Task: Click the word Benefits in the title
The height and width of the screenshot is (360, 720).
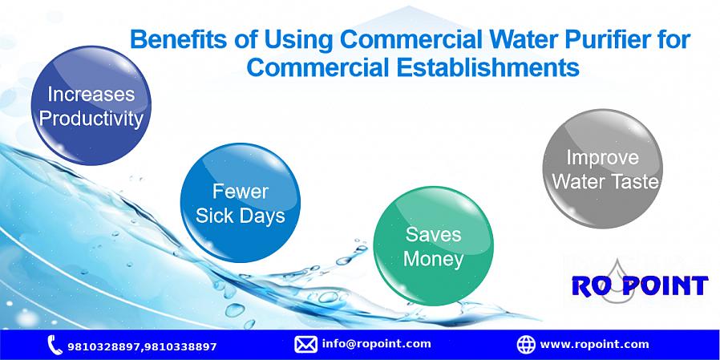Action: (179, 40)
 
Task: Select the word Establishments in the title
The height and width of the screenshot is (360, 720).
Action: (487, 67)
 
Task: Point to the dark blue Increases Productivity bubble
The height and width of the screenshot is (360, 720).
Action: (91, 105)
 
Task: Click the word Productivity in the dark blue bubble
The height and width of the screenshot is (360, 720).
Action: (91, 119)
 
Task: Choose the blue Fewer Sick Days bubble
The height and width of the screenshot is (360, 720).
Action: (241, 203)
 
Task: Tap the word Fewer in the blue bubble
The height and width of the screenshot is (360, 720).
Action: (241, 192)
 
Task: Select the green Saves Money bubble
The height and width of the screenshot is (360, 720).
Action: (434, 245)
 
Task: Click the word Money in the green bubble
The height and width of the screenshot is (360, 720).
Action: (434, 260)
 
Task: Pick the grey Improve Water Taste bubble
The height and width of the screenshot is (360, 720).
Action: (602, 168)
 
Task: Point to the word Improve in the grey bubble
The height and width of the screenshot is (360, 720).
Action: (602, 157)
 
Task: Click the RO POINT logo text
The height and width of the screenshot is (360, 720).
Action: (640, 285)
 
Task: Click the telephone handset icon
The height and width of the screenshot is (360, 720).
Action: (55, 345)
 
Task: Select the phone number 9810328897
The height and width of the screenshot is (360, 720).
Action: (103, 346)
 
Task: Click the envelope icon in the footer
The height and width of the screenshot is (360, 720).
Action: (305, 345)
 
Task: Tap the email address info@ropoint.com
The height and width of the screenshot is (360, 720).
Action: (377, 344)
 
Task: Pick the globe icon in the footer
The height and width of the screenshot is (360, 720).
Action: (526, 345)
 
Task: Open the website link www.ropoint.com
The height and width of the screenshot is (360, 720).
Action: (595, 345)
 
